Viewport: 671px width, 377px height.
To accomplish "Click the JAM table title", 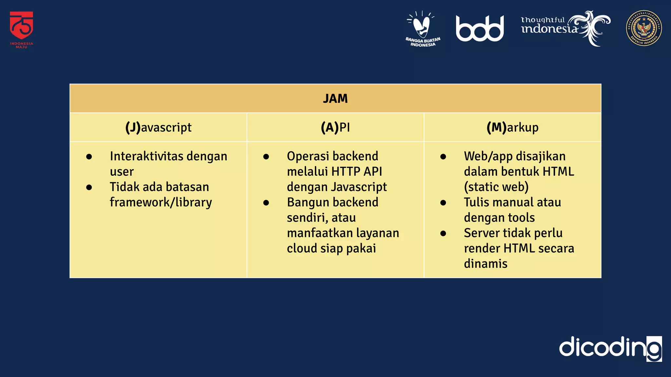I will [x=335, y=99].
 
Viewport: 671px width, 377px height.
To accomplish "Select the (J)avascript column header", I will [x=158, y=127].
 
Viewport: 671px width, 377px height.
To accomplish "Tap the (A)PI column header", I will [x=335, y=127].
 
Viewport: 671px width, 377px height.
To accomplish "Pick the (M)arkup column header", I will [x=512, y=127].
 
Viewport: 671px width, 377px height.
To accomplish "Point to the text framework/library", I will [x=161, y=202].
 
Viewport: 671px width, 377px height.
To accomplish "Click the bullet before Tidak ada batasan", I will [x=89, y=188].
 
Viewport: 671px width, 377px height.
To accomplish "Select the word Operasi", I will [x=307, y=156].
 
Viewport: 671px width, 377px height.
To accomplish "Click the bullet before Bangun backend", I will [x=266, y=203].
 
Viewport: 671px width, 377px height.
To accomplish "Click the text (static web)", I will [x=496, y=187].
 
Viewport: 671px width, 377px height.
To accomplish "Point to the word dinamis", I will [x=486, y=264].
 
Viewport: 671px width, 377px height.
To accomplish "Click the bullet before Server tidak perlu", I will [x=443, y=234].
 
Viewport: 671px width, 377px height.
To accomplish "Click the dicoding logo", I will [x=610, y=348].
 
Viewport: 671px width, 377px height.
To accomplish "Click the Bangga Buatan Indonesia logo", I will [x=423, y=29].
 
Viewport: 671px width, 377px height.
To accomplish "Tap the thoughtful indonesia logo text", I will [x=549, y=26].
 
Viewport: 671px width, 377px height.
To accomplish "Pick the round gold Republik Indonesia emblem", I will [x=644, y=28].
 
